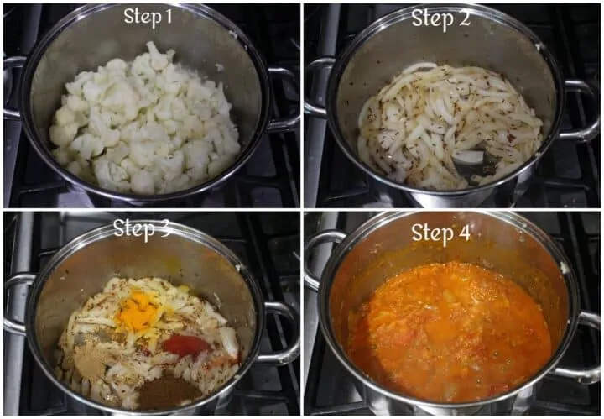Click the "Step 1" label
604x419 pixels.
(x=148, y=17)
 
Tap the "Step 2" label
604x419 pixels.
(x=440, y=18)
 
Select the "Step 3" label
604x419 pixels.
(x=142, y=228)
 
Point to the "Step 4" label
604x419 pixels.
(x=440, y=233)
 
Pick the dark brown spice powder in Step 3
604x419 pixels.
(x=168, y=390)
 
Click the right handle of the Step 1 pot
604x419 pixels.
(x=284, y=99)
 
